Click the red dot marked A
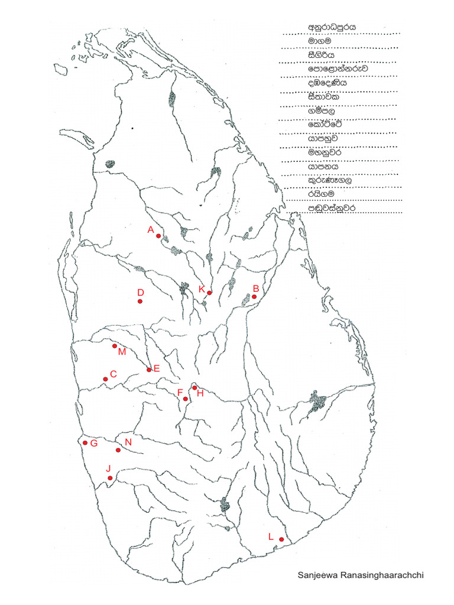coord(158,236)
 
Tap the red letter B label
coord(256,288)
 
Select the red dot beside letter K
coord(210,292)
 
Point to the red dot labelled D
coord(140,302)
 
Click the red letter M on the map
coord(122,352)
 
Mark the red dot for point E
coord(149,370)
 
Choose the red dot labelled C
coord(106,379)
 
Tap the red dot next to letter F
coord(186,399)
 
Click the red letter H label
coord(200,393)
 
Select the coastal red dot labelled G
coord(85,443)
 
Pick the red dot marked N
coord(118,450)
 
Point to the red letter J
coord(109,469)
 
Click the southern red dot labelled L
coord(281,539)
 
